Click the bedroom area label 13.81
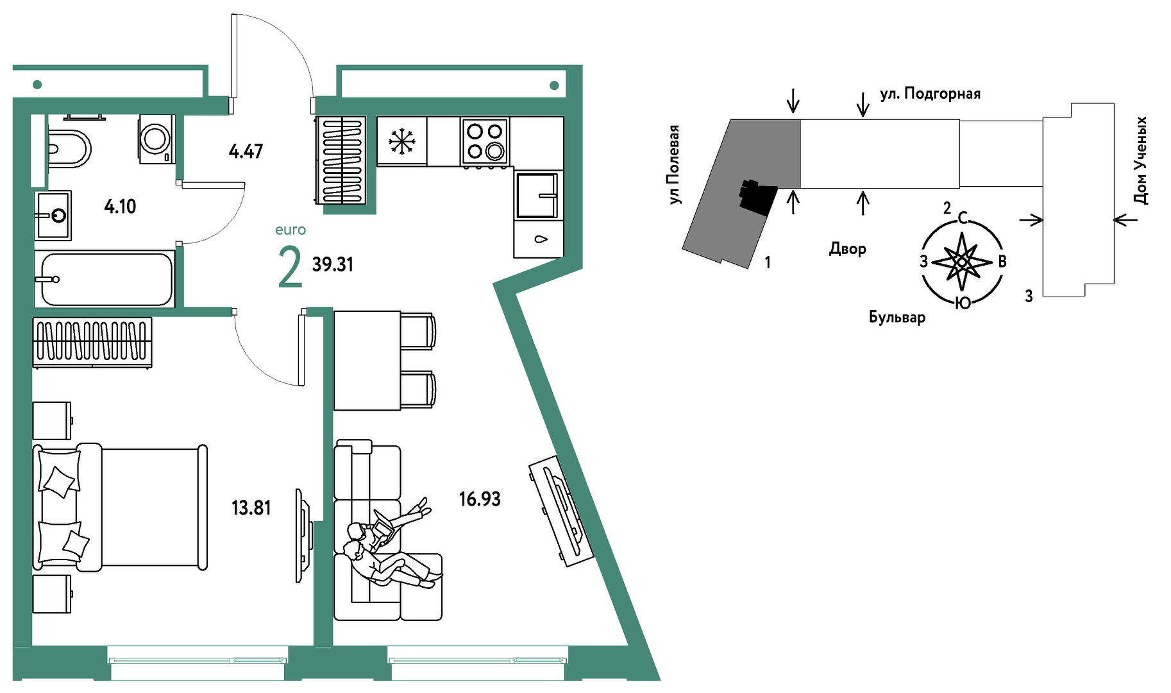[x=251, y=508]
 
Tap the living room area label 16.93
[x=480, y=499]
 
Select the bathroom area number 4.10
[x=120, y=207]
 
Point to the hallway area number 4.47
[x=246, y=151]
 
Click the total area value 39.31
[x=332, y=264]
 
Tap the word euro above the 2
[x=291, y=230]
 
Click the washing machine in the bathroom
[x=156, y=139]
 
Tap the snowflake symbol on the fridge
[x=402, y=141]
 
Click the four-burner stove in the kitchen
[x=485, y=141]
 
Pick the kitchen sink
[x=537, y=195]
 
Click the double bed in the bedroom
[x=121, y=506]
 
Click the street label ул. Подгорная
[x=930, y=94]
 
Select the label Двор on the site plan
[x=847, y=249]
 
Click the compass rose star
[x=961, y=262]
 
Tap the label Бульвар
[x=897, y=318]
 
